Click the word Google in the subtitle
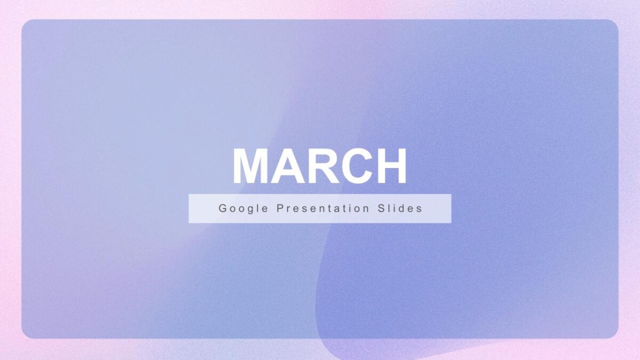243,209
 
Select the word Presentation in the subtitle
323,209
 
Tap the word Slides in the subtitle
399,209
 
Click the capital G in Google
222,209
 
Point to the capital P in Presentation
280,209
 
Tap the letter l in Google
258,209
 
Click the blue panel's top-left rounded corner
25,22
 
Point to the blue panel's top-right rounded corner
615,22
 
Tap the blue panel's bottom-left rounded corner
25,335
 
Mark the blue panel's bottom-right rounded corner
615,335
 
